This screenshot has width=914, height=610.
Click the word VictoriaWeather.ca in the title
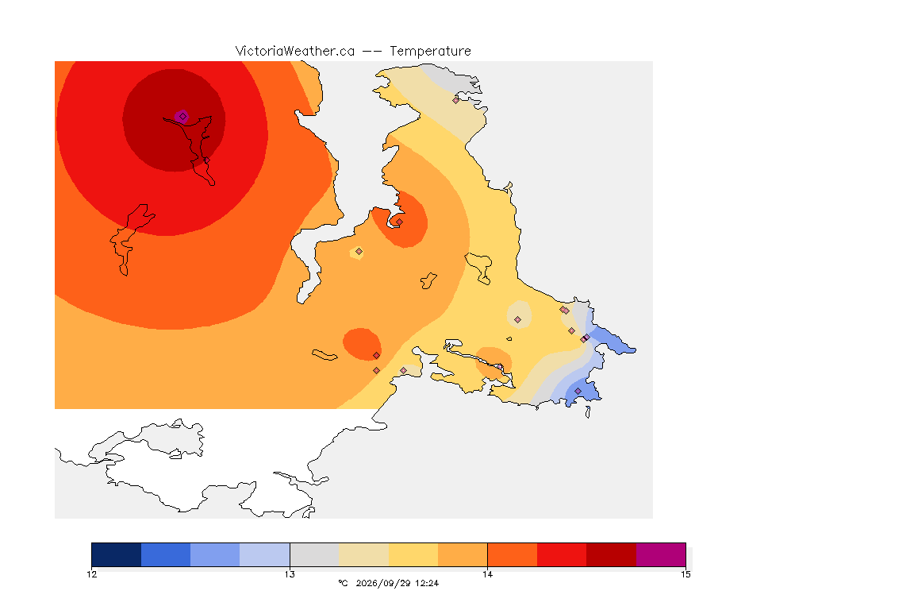(295, 52)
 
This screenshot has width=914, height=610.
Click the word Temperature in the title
(430, 52)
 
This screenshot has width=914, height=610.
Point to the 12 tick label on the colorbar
(91, 574)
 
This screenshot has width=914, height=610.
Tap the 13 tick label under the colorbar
(290, 574)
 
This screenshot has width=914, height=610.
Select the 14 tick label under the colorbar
(487, 574)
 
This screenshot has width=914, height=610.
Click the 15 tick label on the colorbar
(685, 574)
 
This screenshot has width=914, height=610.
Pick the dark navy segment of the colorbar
(117, 554)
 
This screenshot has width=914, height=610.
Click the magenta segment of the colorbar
(660, 554)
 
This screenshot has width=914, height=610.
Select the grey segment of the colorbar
(314, 554)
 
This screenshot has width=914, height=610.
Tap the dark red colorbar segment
(611, 554)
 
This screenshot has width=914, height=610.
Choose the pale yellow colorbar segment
(413, 554)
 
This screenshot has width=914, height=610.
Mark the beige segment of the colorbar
(363, 554)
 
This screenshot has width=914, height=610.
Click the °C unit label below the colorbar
(343, 583)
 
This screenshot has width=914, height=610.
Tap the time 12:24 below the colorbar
(427, 583)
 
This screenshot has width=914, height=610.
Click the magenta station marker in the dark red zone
(182, 117)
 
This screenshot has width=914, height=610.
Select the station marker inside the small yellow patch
(359, 252)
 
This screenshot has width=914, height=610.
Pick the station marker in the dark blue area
(578, 391)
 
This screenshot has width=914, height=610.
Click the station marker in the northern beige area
(456, 100)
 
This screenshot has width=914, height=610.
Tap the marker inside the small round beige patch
(517, 320)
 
